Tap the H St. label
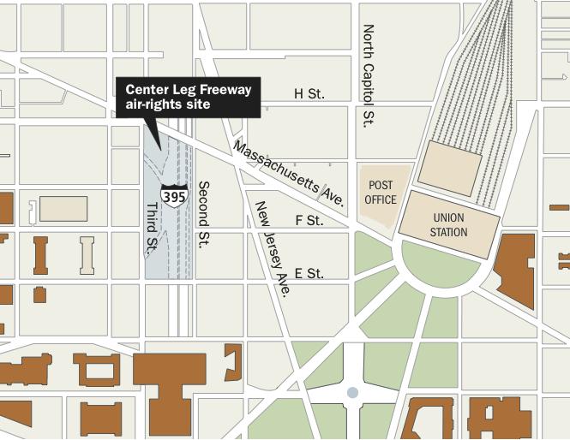pos(309,93)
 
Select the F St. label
pos(309,221)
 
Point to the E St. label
pos(309,274)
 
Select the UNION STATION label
pos(449,225)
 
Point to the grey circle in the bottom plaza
pos(352,393)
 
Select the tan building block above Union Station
pos(447,168)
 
